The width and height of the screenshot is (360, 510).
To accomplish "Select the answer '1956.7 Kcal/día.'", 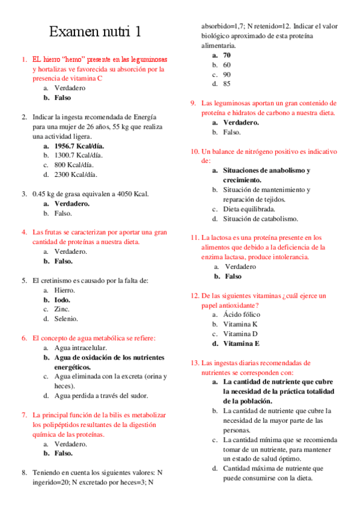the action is point(79,146).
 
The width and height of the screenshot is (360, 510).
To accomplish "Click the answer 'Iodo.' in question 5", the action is point(62,300).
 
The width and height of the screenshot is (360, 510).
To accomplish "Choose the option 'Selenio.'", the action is point(66,319).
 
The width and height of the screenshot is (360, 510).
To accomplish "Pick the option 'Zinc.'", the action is point(62,309).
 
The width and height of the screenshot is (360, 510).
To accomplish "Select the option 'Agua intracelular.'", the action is point(81,348).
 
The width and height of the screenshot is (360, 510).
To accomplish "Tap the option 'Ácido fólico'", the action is point(244,315).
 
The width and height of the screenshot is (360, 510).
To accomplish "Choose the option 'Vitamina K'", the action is point(240,324).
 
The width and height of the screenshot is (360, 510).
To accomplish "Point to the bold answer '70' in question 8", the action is point(227,55).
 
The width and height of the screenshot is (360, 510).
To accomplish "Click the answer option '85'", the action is point(227,84).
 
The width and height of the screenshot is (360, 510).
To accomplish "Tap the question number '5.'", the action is point(24,280).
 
